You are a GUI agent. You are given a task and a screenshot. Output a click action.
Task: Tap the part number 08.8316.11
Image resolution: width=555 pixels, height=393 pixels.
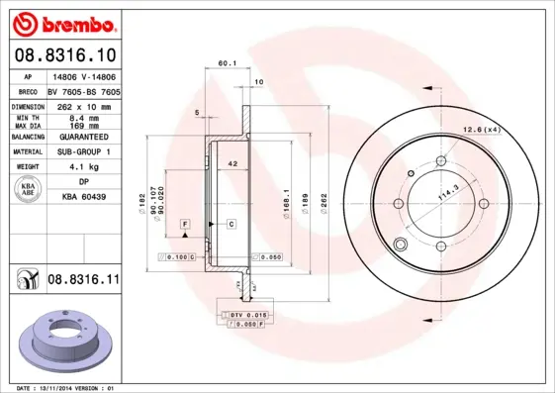[x=83, y=280]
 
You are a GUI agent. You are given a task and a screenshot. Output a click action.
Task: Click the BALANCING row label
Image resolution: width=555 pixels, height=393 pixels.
[x=27, y=137]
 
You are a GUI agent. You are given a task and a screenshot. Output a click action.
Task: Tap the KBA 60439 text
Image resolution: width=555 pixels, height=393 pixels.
[x=84, y=198]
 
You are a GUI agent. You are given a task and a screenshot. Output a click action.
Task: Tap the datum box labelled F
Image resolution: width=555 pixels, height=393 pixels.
[x=184, y=226]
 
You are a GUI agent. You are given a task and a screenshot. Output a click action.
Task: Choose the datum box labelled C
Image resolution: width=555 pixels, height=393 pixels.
[x=231, y=226]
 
